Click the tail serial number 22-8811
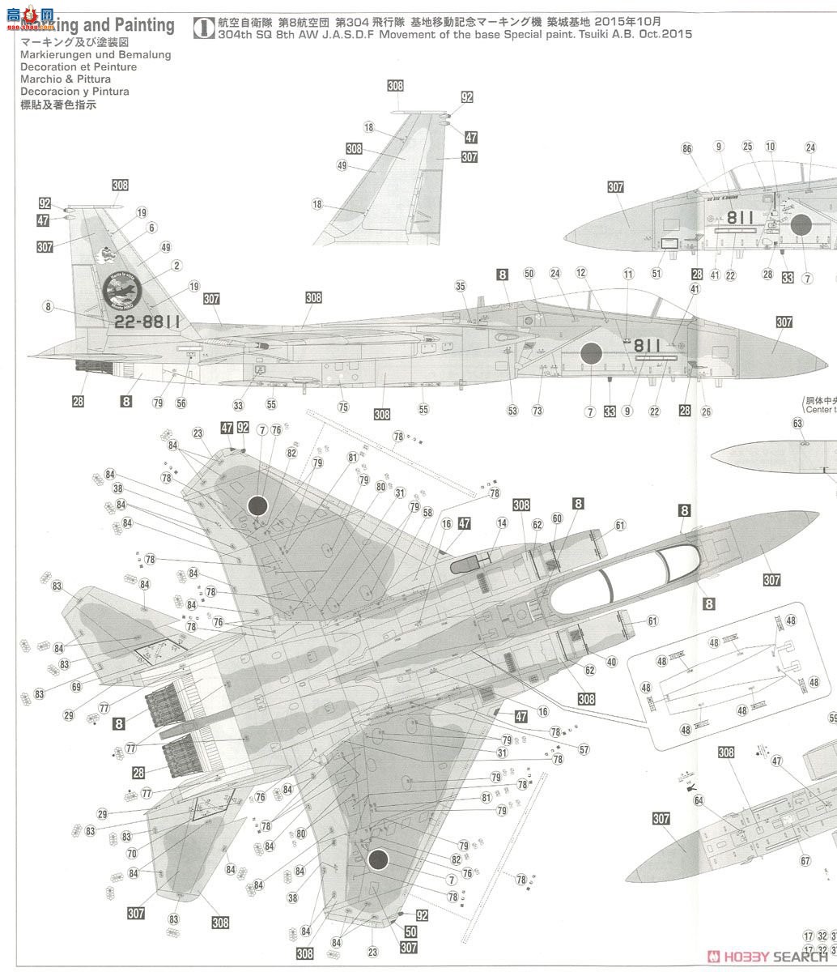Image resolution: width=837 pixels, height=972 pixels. [147, 321]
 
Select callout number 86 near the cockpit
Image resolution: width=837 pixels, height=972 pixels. [686, 148]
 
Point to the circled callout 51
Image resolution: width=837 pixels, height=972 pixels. [656, 274]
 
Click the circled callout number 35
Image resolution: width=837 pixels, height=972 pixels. [460, 286]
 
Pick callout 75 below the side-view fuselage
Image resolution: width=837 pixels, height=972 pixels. [343, 407]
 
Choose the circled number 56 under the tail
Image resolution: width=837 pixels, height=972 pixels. [181, 403]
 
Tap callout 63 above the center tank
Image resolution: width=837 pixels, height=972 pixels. [797, 423]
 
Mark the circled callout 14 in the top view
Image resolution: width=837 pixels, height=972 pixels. [502, 523]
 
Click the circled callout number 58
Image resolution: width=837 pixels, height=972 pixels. [427, 512]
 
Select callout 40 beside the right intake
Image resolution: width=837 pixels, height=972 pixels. [611, 662]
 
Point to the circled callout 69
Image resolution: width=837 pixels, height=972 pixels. [76, 687]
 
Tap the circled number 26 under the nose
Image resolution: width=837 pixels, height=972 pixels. [707, 411]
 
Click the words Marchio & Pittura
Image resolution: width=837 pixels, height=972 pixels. [66, 79]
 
